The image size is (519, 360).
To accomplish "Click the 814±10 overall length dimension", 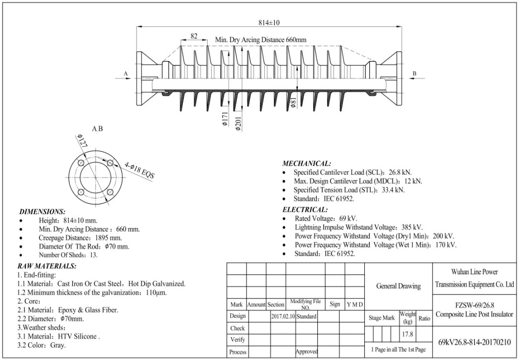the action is [269, 22].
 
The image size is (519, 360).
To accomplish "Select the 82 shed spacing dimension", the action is [194, 36].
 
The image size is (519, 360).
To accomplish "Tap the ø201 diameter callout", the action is [238, 121].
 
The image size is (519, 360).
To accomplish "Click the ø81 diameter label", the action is [293, 103].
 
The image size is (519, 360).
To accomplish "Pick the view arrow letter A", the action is [125, 73].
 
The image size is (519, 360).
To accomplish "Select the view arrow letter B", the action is [414, 73].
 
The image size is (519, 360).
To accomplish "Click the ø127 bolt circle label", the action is [82, 140].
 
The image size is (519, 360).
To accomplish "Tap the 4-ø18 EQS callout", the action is [139, 170].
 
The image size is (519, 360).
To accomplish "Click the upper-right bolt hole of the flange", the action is [110, 163].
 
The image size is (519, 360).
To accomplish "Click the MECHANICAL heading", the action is [306, 163].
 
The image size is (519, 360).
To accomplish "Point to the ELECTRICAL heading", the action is [305, 210].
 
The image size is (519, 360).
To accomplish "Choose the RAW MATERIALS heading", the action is [47, 266].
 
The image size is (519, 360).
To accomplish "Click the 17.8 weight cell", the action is [407, 334].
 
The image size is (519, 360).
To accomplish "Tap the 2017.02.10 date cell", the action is [283, 316].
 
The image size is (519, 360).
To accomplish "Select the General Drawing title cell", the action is [399, 286].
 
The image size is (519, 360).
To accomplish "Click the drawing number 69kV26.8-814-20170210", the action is [474, 342].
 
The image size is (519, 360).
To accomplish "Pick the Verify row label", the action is [237, 340].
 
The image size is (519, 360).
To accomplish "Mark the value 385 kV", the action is [412, 227].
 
